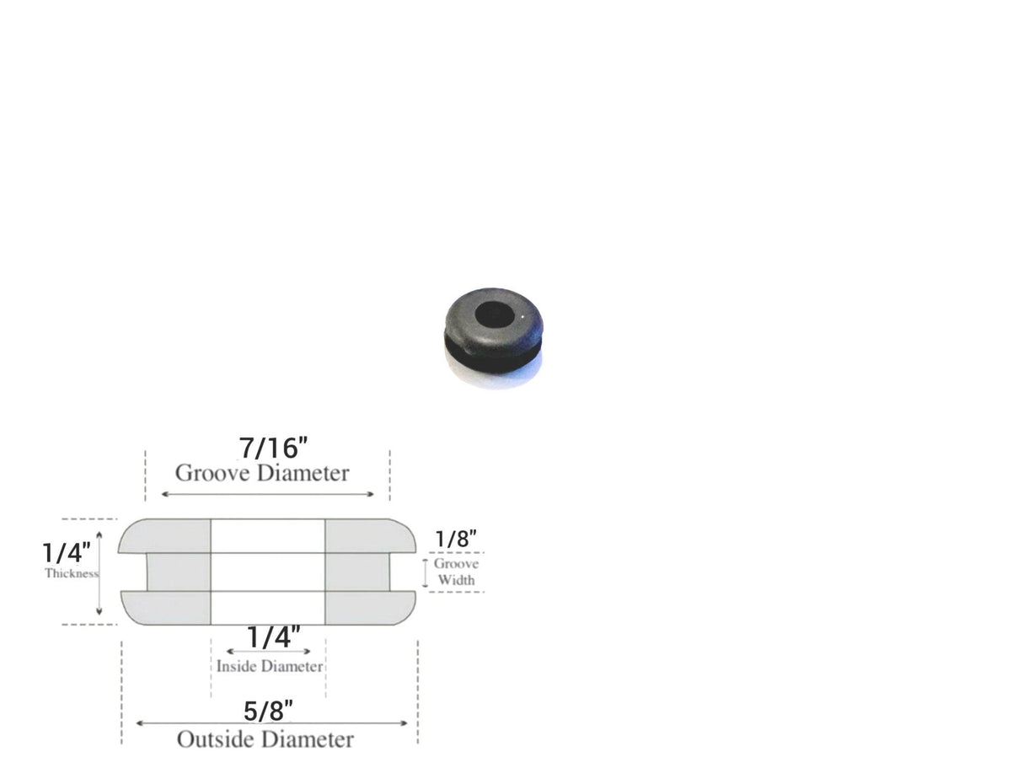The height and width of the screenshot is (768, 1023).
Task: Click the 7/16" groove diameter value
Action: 268,447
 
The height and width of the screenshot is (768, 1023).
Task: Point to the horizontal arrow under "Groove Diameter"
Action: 267,494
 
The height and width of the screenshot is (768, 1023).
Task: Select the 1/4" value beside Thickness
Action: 67,553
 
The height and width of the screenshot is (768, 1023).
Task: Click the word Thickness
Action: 72,573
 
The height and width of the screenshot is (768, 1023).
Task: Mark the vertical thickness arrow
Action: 99,572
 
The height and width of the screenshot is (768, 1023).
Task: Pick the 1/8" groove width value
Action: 457,539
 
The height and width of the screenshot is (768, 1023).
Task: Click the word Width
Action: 456,580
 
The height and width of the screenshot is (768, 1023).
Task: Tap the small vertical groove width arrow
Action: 426,572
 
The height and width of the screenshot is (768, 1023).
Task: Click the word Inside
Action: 236,666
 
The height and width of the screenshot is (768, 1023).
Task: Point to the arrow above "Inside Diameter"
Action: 268,651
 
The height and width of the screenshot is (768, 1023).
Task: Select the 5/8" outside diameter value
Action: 269,711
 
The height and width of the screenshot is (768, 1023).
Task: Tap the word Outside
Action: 212,739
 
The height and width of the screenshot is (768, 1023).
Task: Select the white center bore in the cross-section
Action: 268,572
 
